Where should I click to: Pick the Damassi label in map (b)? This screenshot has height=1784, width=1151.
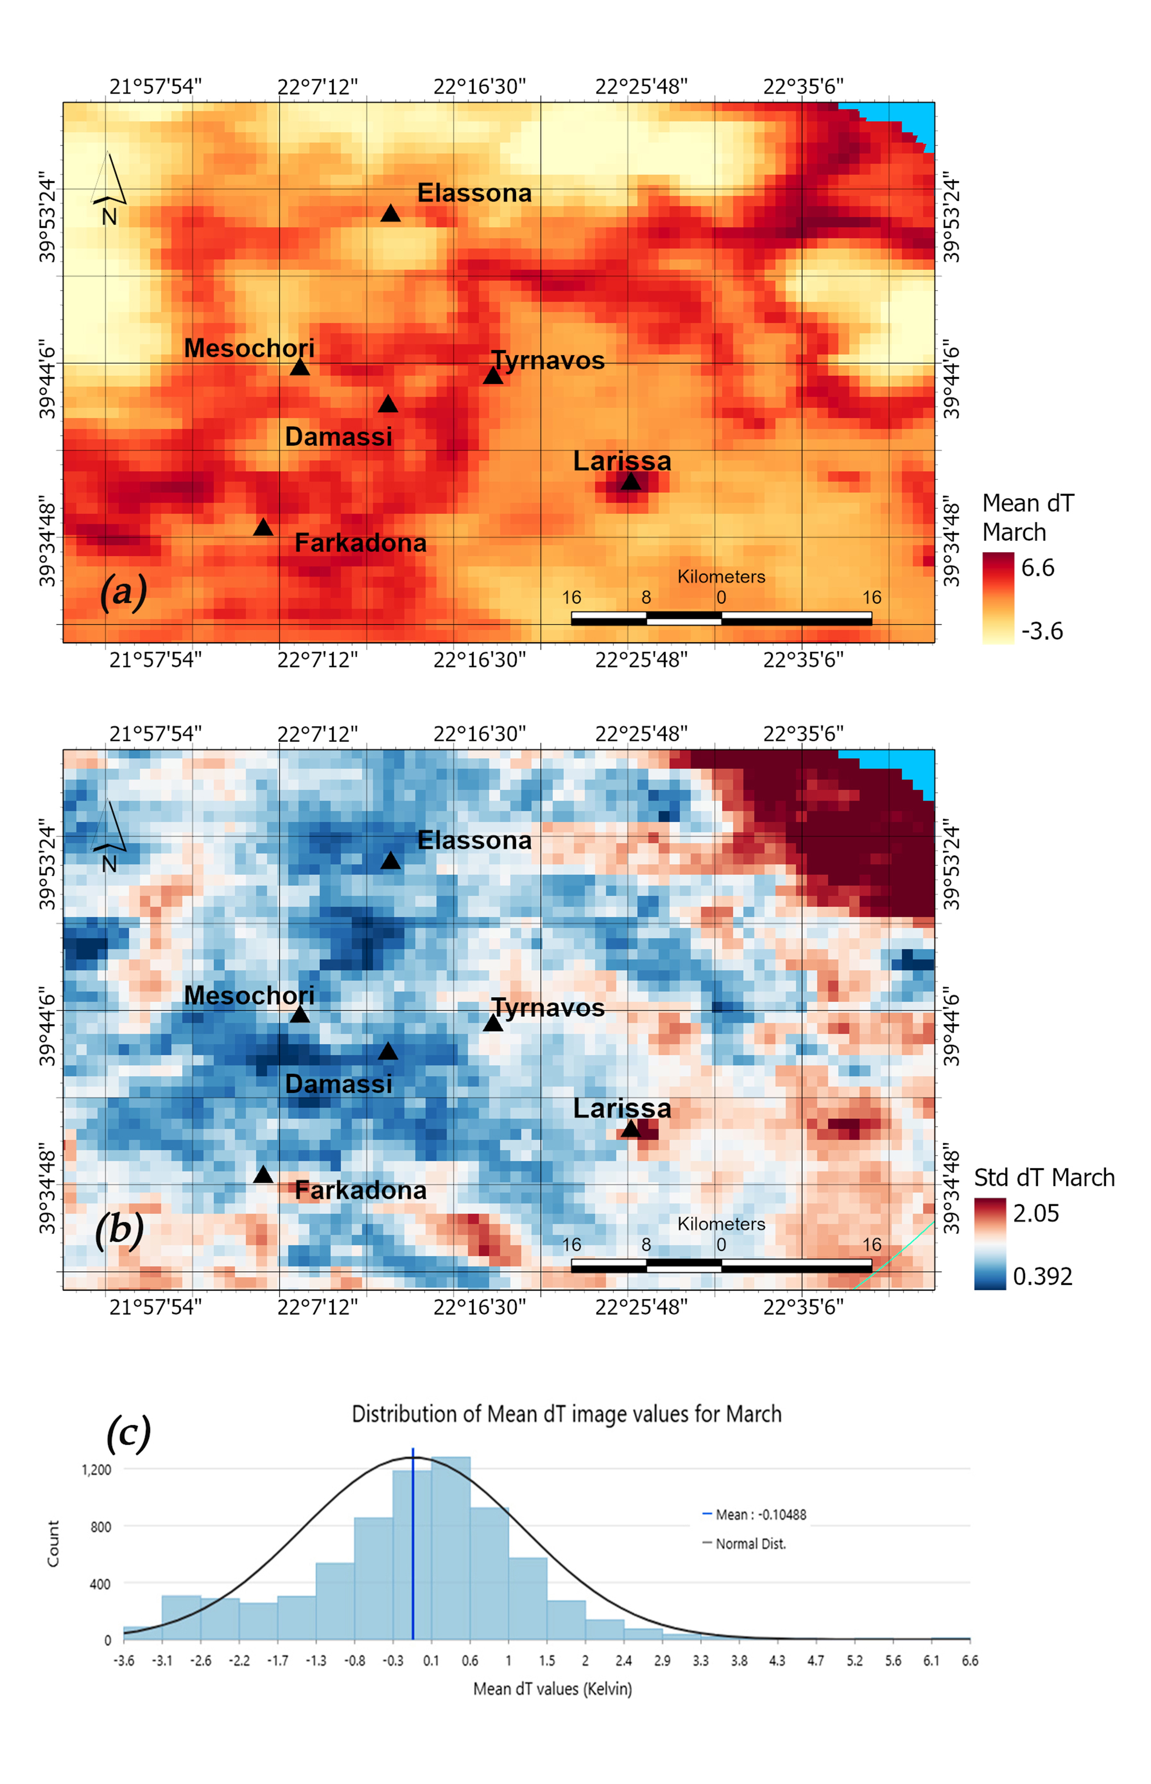tap(339, 1084)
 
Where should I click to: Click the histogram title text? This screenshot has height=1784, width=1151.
tap(567, 1414)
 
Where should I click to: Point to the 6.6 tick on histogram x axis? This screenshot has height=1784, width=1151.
tap(969, 1661)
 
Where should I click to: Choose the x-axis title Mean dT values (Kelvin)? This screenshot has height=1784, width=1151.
tap(552, 1689)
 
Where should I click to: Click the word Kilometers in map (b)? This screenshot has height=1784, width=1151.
tap(721, 1224)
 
